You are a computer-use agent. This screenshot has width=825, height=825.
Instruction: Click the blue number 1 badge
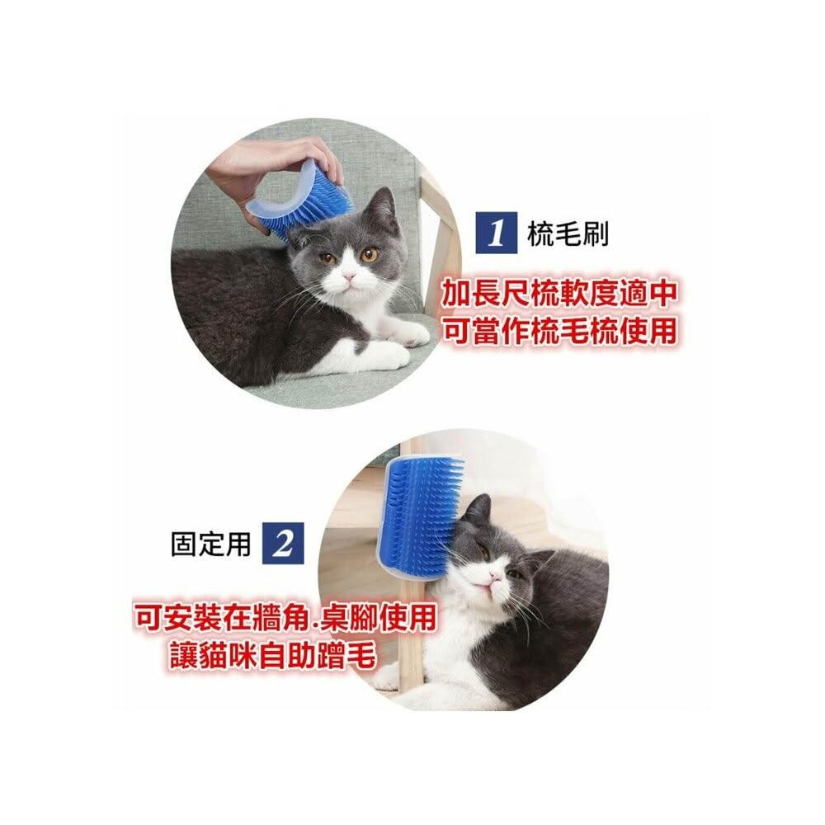495,233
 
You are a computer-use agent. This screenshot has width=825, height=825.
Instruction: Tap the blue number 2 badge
283,543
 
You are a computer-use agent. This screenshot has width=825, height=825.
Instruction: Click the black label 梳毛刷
568,233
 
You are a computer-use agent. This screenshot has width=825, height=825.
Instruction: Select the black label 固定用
210,543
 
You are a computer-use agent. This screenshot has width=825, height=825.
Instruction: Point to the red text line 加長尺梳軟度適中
559,293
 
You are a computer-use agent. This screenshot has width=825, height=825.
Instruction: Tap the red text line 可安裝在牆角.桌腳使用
285,616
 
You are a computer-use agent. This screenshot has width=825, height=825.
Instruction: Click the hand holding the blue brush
263,173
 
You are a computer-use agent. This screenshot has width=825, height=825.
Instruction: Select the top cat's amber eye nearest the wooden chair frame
369,255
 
